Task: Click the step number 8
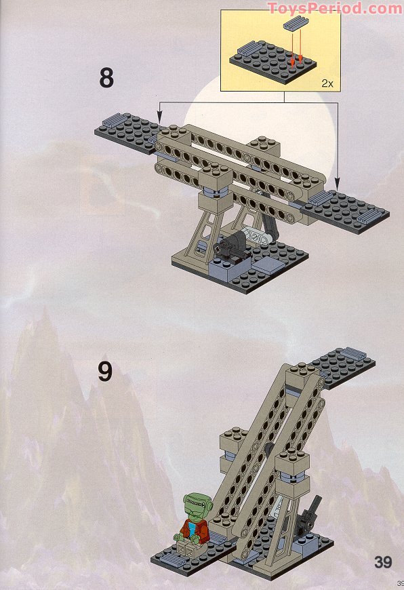click(x=106, y=78)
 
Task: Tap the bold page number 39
click(x=383, y=562)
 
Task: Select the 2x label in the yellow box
click(x=327, y=83)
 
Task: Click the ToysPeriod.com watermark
click(x=334, y=8)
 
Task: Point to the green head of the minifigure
click(x=196, y=506)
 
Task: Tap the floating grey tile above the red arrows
click(x=296, y=23)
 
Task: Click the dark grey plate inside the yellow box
click(x=273, y=62)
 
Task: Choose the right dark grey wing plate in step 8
click(x=344, y=212)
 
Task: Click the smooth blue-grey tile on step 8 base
click(x=268, y=264)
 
